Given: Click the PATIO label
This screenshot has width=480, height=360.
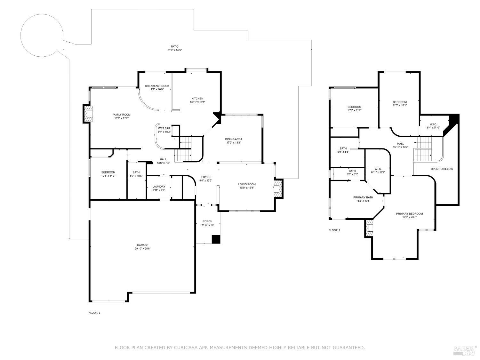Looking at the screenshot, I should click(174, 46).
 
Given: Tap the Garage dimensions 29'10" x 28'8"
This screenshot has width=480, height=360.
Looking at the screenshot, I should click(142, 248).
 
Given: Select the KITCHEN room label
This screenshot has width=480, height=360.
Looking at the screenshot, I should click(197, 98).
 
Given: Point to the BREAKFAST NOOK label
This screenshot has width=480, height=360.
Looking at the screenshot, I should click(157, 86).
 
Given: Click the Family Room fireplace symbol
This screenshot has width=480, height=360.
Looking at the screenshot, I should click(88, 114).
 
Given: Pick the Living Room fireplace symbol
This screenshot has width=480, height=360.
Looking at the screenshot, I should click(277, 189).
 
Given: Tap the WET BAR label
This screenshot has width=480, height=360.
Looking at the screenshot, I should click(164, 128).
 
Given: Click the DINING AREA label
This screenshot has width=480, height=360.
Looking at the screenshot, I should click(233, 139).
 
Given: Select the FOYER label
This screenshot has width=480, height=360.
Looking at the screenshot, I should click(205, 177).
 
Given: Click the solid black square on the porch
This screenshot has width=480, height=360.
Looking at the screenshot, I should click(216, 239).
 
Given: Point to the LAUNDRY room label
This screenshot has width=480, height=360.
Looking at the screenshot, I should click(159, 187).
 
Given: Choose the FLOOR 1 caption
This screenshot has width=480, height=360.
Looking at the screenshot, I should click(94, 313).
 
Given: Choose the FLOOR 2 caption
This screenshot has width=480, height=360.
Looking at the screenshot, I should click(334, 230).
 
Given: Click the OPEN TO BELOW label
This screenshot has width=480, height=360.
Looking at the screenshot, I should click(442, 169).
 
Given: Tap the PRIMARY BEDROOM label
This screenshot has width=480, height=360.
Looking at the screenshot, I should click(409, 214).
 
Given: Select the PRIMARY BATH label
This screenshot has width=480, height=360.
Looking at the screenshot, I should click(363, 197).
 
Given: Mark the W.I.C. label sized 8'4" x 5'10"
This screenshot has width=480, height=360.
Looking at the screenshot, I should click(433, 124).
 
